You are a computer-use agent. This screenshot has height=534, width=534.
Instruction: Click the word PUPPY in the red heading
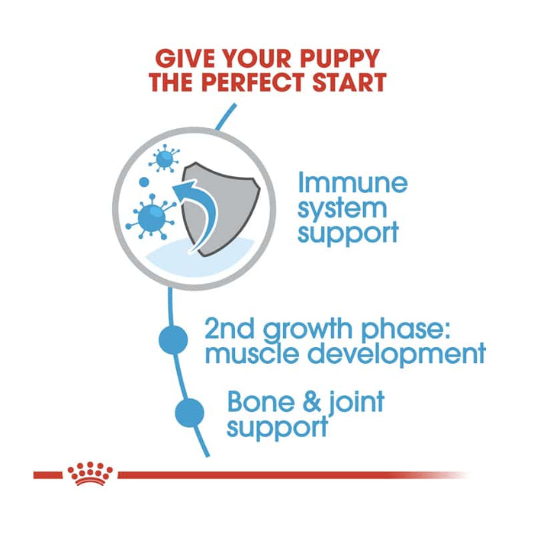click(337, 57)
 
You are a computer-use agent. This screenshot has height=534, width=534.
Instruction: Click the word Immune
click(352, 183)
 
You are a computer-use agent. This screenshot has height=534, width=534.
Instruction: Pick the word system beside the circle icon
click(343, 207)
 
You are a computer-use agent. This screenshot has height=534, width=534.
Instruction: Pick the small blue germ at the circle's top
click(162, 159)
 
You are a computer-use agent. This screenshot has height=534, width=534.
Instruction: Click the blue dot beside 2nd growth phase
click(173, 339)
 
